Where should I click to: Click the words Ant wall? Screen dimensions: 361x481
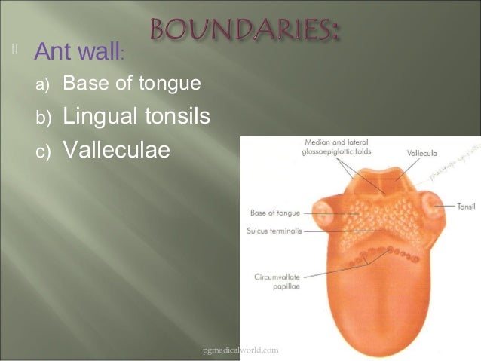point(77,53)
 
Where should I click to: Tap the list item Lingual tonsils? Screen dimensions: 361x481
point(136,117)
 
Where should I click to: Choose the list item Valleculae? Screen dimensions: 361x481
point(116,150)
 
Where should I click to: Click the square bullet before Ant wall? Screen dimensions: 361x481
point(14,51)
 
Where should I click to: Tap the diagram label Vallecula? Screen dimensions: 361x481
point(421,153)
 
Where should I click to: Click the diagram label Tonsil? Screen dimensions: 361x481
point(466,204)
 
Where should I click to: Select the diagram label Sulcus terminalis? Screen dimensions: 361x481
point(275,231)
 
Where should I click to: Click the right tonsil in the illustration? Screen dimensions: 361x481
point(431,207)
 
